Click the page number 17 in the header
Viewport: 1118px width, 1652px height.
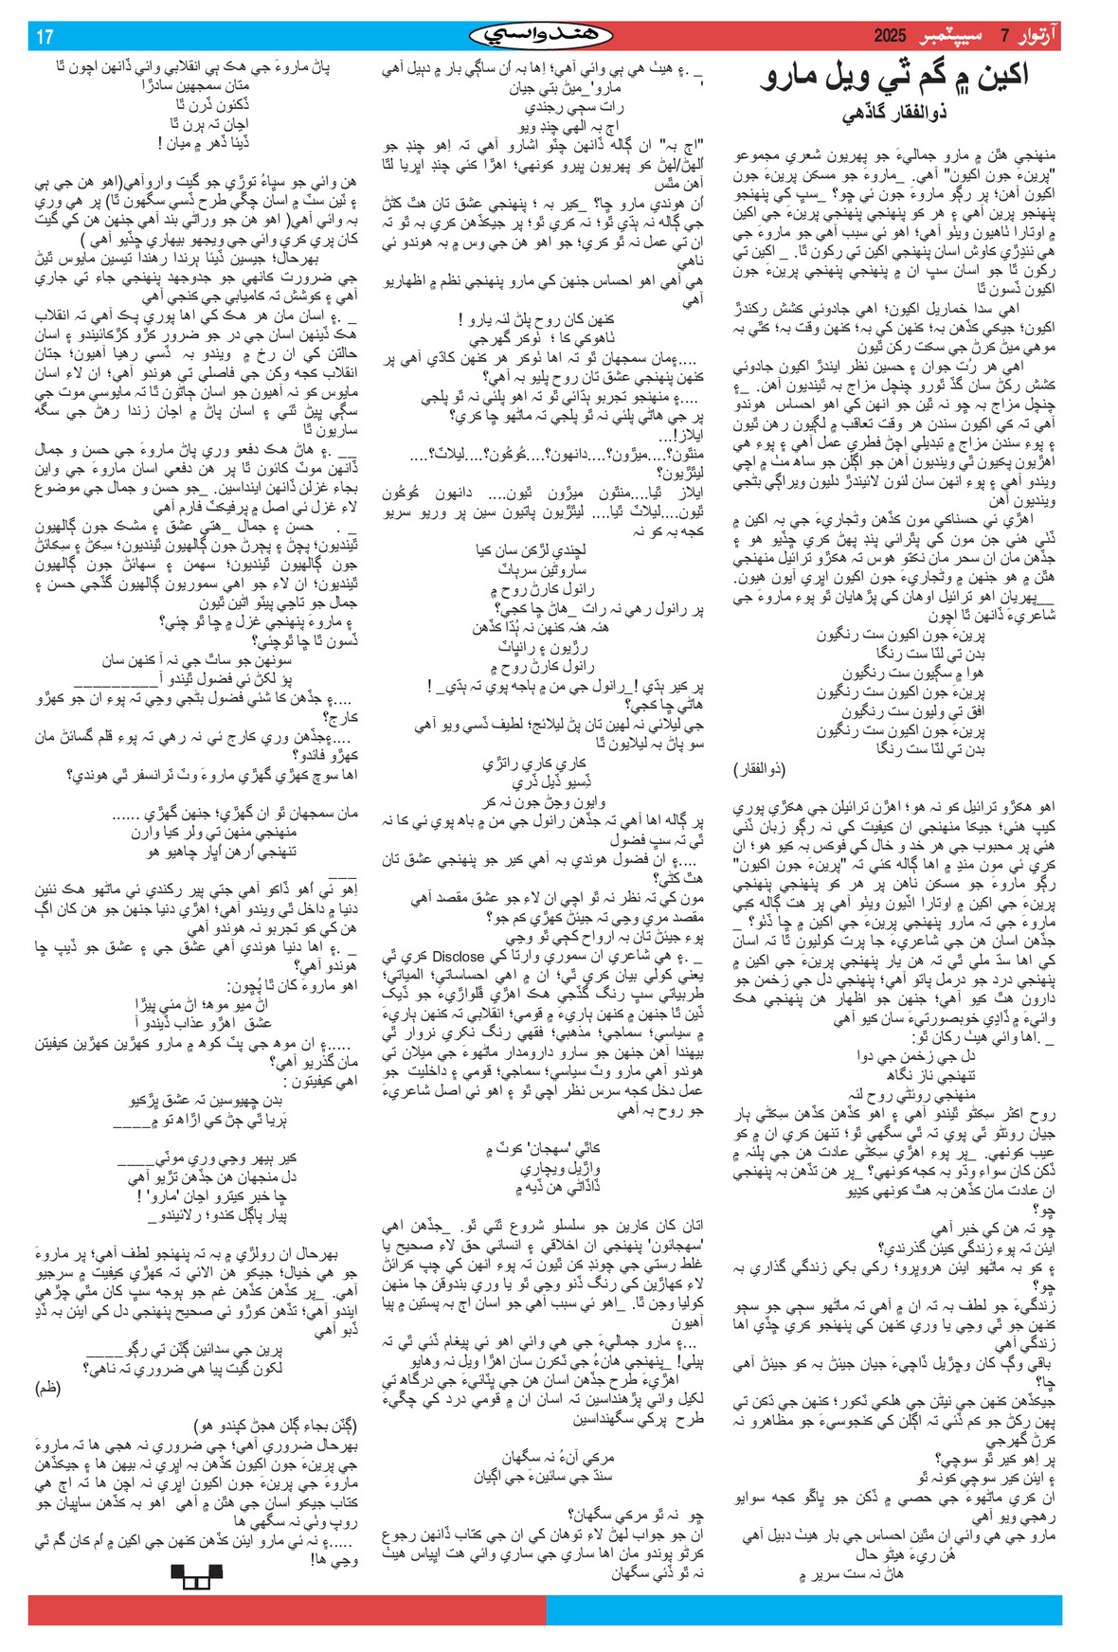pos(45,37)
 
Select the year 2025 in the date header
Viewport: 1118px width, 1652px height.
pos(890,37)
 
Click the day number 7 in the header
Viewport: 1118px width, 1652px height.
pos(1005,37)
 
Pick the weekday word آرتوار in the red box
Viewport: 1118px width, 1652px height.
pos(1037,37)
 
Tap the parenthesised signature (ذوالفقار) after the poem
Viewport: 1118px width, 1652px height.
pos(760,769)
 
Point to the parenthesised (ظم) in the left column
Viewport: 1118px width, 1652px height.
pos(48,1388)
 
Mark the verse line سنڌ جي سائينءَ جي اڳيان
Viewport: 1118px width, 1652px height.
pos(544,1476)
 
